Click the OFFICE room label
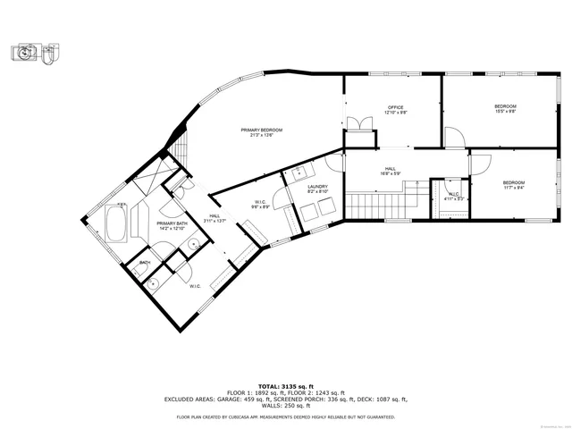pos(395,107)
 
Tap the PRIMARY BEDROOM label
pos(262,130)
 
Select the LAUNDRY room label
pos(317,186)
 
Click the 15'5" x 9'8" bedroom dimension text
pos(505,112)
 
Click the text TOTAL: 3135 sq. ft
pos(286,386)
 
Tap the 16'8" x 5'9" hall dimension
pos(391,173)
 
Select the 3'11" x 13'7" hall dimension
pos(214,220)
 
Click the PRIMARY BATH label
pos(172,223)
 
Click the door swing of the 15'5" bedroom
pos(453,136)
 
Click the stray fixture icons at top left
pos(38,53)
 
